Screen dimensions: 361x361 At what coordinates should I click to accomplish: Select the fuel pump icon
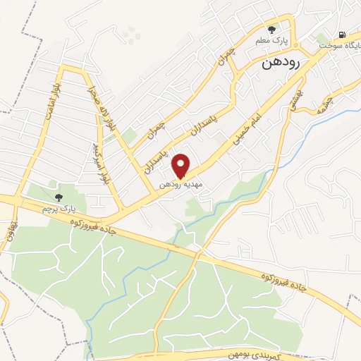pyautogui.click(x=342, y=34)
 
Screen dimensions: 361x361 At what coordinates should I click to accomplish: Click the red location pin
pyautogui.click(x=181, y=166)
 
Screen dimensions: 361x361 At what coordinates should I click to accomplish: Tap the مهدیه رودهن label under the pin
pyautogui.click(x=180, y=183)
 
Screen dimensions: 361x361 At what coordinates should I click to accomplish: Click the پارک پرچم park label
pyautogui.click(x=58, y=210)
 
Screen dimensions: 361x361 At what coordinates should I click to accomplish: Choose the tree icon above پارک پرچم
pyautogui.click(x=58, y=197)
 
